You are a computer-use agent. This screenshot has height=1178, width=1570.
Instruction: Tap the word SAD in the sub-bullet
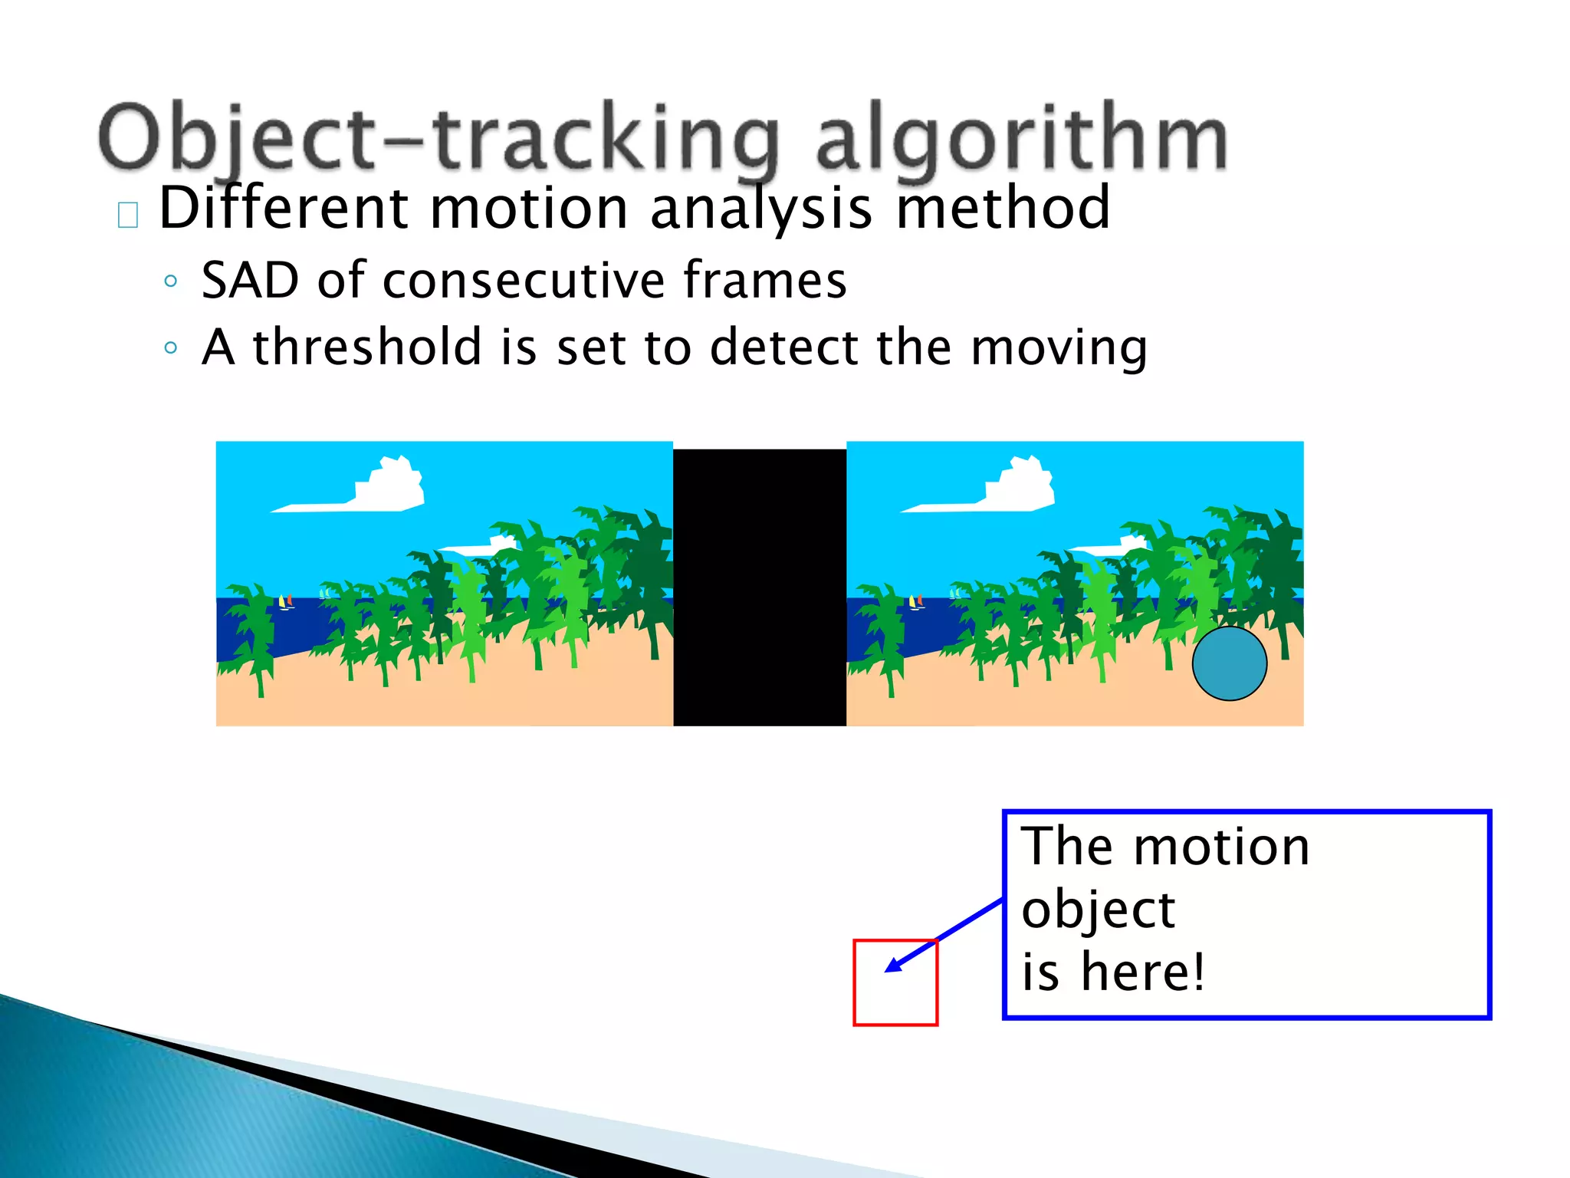[250, 281]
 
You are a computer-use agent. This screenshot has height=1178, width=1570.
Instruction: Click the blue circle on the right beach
[1229, 663]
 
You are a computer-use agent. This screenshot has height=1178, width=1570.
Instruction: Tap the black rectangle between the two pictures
[759, 587]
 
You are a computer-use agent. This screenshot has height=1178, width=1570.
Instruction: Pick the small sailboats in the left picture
[285, 602]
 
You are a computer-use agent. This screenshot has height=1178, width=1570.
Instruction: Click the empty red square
[895, 997]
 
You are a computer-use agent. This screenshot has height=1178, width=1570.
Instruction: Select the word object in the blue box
[1098, 910]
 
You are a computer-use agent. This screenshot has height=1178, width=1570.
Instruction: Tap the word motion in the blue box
[1221, 847]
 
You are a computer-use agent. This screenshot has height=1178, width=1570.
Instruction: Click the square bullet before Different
[128, 216]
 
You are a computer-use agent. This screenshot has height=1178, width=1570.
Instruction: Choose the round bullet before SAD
[170, 281]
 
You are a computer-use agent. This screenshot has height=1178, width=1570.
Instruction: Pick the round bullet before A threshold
[170, 348]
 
